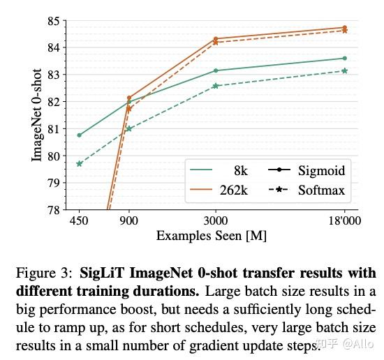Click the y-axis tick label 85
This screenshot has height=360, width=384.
click(53, 21)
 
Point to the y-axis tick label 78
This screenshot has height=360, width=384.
click(53, 209)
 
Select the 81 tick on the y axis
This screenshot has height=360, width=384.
click(53, 128)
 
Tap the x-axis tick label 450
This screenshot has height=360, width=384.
click(80, 220)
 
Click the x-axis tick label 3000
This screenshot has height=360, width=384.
click(215, 220)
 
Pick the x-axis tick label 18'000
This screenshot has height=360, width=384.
click(344, 220)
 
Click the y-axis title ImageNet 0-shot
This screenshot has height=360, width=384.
click(37, 115)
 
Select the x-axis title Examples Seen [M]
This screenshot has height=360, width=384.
click(212, 236)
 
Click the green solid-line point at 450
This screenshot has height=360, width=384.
click(80, 135)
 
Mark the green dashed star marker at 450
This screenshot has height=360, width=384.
click(80, 164)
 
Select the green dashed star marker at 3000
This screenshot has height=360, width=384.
click(215, 86)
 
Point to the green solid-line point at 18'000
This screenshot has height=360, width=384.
click(344, 58)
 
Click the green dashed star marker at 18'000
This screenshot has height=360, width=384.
click(344, 70)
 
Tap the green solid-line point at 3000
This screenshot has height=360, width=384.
click(215, 70)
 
